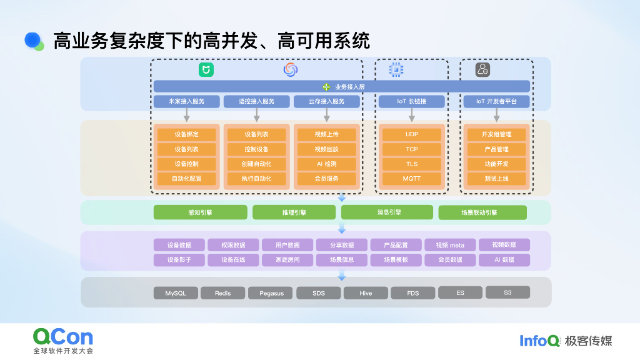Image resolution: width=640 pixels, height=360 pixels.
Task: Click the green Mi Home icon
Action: (x=206, y=70)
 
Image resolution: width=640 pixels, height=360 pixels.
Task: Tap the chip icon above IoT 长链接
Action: (x=396, y=69)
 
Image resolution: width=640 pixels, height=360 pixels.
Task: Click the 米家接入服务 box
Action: (x=186, y=101)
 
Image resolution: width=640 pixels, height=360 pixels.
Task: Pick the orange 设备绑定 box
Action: (x=186, y=134)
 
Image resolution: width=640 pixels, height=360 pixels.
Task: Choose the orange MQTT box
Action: (x=411, y=179)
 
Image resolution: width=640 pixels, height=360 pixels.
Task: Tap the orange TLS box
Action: (x=411, y=164)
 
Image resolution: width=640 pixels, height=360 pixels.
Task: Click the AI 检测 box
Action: (x=326, y=164)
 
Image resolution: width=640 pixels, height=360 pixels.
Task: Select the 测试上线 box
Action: (x=496, y=179)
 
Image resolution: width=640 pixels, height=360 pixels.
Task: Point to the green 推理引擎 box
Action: (x=294, y=212)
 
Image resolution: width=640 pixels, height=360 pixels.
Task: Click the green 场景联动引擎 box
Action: (x=482, y=212)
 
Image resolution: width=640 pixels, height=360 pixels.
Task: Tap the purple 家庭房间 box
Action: (x=288, y=259)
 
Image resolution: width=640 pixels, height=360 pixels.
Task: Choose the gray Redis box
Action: (x=222, y=292)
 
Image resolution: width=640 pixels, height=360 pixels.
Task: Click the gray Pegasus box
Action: (x=271, y=292)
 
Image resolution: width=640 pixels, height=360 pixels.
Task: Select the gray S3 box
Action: (x=507, y=292)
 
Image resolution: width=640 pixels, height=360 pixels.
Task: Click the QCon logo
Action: (x=62, y=337)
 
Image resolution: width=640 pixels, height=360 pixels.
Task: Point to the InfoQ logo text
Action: (x=539, y=341)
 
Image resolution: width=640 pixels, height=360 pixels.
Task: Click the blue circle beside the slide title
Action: (x=32, y=40)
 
